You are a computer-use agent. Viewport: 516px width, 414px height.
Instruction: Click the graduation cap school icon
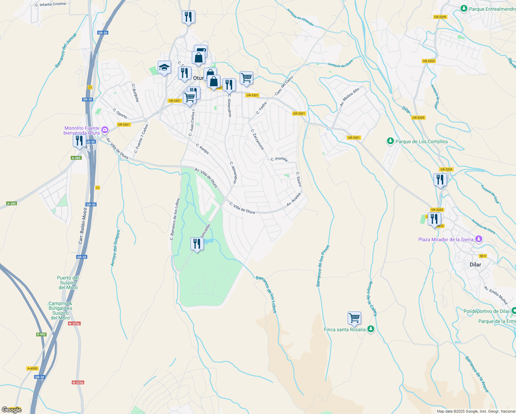pos(164,68)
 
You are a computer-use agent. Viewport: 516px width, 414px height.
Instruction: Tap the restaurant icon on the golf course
pos(197,244)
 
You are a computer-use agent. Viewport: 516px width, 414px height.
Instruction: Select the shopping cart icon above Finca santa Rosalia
pos(354,318)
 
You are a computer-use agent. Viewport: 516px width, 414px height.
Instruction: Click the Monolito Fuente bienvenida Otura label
pos(82,130)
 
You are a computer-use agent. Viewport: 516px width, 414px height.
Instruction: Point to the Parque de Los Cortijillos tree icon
pos(390,141)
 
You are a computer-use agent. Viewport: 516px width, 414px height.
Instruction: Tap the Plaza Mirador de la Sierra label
pos(446,239)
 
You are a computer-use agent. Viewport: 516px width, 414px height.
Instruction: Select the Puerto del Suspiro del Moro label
pos(68,283)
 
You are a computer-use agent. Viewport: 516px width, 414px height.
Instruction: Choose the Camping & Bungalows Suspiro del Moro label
pos(60,310)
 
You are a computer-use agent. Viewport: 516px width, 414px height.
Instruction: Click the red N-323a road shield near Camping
pos(74,324)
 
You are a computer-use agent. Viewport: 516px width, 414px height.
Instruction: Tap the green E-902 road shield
pos(41,334)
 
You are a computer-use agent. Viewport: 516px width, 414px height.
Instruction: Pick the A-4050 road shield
pos(32,368)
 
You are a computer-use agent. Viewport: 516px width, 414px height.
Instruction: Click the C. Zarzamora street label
pos(257,140)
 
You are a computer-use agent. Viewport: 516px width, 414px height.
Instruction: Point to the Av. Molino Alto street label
pos(350,97)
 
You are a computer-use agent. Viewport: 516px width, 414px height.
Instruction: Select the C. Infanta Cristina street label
pos(50,4)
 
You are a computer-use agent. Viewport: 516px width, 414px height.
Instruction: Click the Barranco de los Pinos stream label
pos(323,266)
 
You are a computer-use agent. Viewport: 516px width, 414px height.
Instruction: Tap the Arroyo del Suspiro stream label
pos(115,248)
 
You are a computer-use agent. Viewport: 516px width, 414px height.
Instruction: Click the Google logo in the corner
pos(11,410)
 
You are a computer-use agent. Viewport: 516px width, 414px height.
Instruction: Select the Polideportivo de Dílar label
pos(486,311)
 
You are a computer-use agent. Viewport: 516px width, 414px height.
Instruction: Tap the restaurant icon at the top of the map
pos(188,17)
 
